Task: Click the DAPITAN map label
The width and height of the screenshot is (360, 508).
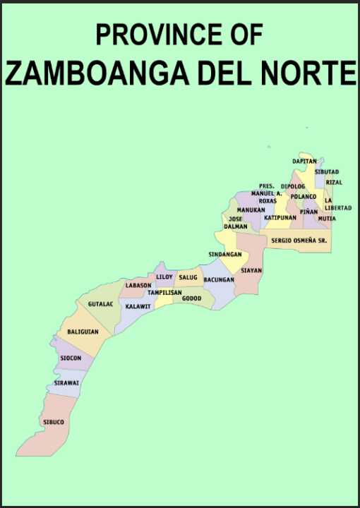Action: (304, 162)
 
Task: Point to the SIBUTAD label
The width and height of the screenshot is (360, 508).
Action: (327, 172)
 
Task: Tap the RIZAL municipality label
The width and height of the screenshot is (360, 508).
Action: (334, 182)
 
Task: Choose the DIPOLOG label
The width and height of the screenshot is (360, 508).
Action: (293, 187)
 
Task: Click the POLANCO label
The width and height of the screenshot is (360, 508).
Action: (304, 196)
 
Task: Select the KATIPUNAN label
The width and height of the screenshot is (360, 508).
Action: (280, 218)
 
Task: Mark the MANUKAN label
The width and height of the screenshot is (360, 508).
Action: (251, 210)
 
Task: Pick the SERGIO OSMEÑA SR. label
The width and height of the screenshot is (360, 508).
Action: (299, 241)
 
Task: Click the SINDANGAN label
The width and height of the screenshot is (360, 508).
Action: (225, 254)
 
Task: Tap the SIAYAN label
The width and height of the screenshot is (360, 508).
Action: (251, 270)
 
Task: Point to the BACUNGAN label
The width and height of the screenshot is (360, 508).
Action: (219, 280)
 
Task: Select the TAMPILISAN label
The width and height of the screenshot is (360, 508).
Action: (164, 292)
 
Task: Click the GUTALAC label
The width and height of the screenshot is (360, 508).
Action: (101, 304)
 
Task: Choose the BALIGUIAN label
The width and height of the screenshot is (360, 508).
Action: (83, 332)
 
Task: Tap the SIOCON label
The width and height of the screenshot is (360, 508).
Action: (71, 358)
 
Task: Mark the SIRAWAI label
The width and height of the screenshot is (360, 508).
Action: (67, 383)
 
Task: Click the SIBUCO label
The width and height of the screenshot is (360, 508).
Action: (54, 422)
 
